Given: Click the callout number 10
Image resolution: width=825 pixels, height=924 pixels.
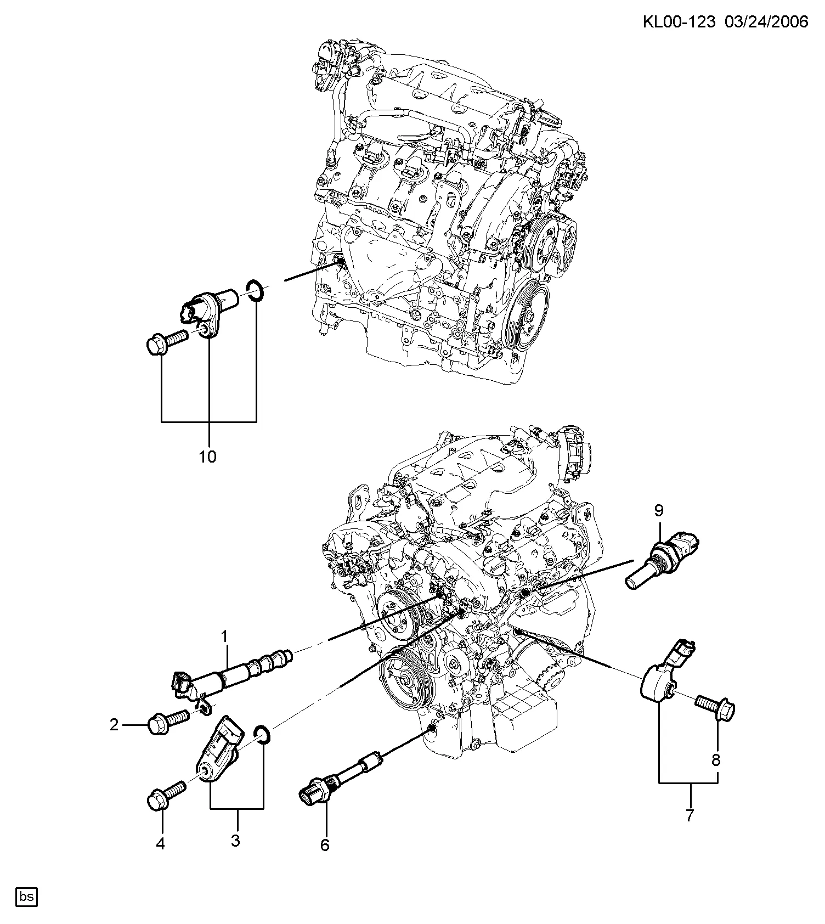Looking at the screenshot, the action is click(207, 456).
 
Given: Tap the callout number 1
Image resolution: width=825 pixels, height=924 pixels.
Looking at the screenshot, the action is click(224, 636).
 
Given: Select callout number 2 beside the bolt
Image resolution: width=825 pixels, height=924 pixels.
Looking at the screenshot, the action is click(114, 725).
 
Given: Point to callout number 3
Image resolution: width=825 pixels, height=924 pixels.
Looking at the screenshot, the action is click(235, 840).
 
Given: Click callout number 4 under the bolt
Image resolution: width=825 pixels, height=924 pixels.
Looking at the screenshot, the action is click(160, 843).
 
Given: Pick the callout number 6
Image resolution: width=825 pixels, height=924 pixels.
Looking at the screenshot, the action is click(325, 846).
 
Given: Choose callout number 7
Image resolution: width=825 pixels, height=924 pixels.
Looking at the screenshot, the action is click(690, 815).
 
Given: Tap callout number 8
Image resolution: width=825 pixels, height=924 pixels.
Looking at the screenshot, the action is click(716, 760).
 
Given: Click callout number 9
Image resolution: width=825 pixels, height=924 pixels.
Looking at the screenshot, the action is click(659, 511).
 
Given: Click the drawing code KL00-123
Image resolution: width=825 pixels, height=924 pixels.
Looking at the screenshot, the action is click(679, 21).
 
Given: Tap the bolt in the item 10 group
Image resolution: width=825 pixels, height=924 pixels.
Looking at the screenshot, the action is click(167, 339).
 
